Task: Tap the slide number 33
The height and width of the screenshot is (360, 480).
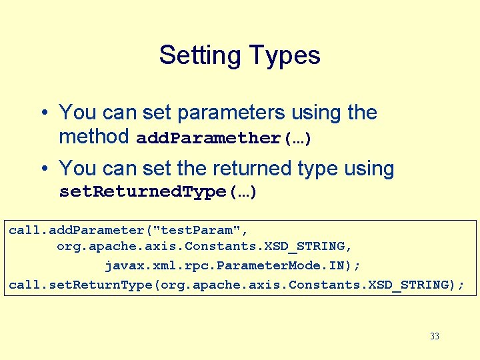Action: point(435,337)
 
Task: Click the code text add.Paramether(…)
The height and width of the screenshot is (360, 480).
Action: point(223,139)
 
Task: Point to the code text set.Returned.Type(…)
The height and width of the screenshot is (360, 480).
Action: point(158,193)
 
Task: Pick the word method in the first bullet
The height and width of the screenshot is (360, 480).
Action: point(94,137)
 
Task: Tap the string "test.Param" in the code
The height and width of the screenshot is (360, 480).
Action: point(197,230)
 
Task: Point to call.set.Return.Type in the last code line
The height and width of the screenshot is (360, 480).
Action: point(84,285)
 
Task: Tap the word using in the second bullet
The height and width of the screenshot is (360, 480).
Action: point(369,168)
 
